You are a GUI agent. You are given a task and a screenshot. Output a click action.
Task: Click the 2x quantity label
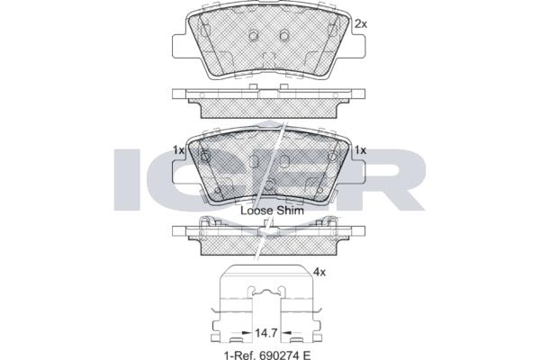(x=361, y=24)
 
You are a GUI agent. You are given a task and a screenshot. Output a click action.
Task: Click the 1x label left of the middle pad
(x=179, y=150)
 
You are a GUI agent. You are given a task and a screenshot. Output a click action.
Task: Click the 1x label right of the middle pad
(x=360, y=150)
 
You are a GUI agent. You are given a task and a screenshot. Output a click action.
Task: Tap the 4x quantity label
(x=319, y=272)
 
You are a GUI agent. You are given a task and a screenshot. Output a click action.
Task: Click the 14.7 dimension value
(x=265, y=333)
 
